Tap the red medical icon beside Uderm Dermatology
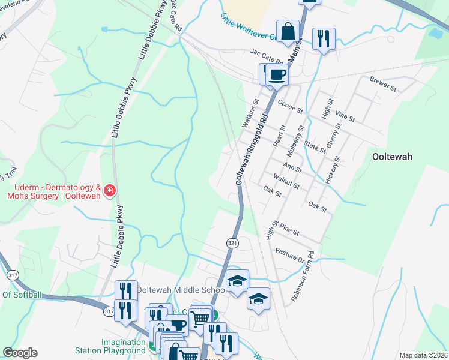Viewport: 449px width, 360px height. (110, 191)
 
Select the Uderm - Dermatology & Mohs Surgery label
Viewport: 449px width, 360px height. (54, 191)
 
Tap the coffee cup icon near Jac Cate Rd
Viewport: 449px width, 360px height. (277, 74)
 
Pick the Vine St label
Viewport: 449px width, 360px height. (346, 114)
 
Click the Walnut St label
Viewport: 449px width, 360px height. (286, 181)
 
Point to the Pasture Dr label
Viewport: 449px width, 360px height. (290, 254)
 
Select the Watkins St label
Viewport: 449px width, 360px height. (249, 113)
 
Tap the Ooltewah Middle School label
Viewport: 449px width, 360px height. (181, 290)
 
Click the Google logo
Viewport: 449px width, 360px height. (20, 353)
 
